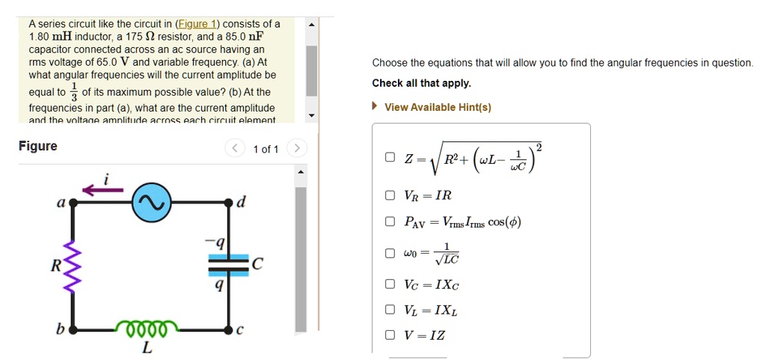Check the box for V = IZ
click(x=390, y=335)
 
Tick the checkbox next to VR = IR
click(x=390, y=196)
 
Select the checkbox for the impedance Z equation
click(x=390, y=158)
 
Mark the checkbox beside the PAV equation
click(x=390, y=222)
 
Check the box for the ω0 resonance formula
click(x=390, y=253)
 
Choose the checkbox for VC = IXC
click(x=390, y=284)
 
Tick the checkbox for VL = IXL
click(x=390, y=310)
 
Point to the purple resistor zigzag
click(x=73, y=266)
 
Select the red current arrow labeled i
click(x=102, y=191)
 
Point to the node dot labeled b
click(x=73, y=329)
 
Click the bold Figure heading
click(x=37, y=146)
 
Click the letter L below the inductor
click(x=146, y=348)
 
